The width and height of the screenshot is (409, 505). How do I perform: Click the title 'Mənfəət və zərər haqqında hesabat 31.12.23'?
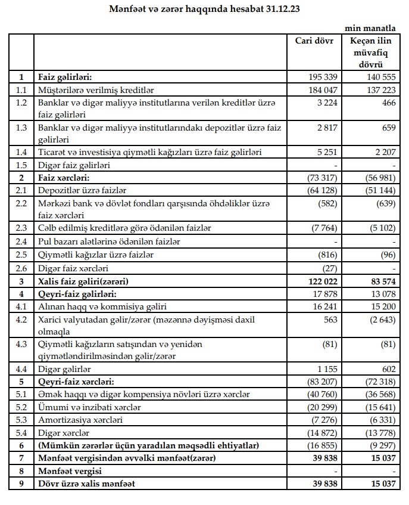[204, 9]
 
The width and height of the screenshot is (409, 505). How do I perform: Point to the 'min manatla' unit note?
[371, 28]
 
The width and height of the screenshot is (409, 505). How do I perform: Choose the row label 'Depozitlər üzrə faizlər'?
[81, 190]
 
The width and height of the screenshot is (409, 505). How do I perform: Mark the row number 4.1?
[21, 306]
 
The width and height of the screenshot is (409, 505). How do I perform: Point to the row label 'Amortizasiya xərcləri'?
[80, 419]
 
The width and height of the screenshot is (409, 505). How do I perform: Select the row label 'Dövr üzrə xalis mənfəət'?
[90, 484]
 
